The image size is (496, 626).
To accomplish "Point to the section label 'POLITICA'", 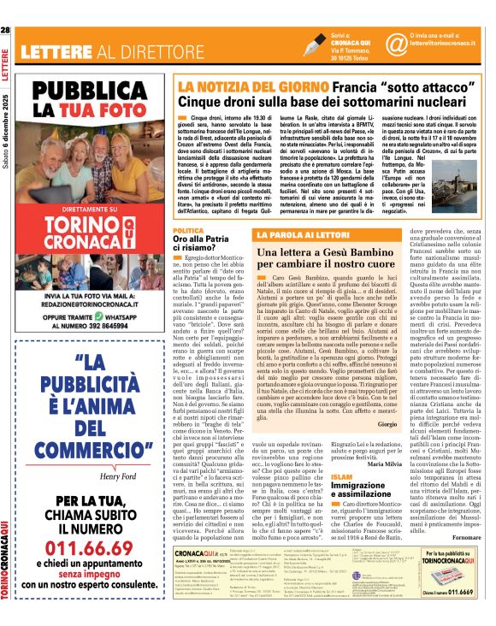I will (187, 232).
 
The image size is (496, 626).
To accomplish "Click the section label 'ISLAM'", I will (340, 476).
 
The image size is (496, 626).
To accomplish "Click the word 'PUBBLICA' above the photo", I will (92, 92).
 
